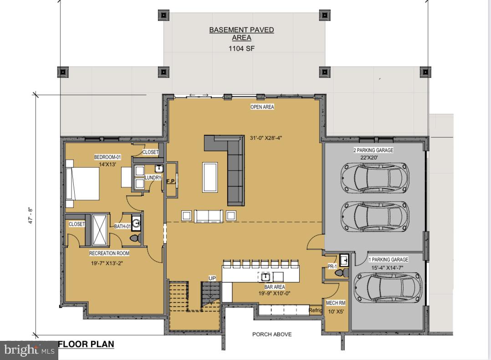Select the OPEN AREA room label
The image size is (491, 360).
point(262,107)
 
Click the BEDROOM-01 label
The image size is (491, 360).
point(107,157)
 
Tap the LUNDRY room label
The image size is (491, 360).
point(153,178)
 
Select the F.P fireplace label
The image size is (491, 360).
point(171,181)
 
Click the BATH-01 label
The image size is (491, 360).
point(123,226)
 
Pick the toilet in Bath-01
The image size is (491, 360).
point(135,238)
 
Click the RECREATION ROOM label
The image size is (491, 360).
point(109,253)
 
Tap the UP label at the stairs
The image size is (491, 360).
point(212,278)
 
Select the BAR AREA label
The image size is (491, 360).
point(274,287)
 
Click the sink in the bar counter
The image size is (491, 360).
point(265,277)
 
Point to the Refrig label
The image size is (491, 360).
point(315,310)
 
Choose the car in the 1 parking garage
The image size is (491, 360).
point(388,288)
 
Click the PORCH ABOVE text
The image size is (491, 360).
point(272,334)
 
